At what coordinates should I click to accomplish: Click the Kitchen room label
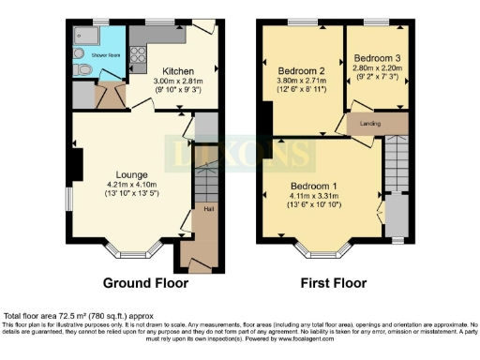point(177,71)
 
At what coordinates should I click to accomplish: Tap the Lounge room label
point(130,174)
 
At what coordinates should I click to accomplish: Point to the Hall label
point(208,208)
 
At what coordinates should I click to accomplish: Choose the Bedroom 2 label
point(302,70)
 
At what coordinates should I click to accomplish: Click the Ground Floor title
point(145,282)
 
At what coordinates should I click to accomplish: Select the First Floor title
point(334,282)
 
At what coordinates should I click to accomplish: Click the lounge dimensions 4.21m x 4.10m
point(130,186)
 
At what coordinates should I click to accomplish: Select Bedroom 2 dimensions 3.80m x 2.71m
point(302,82)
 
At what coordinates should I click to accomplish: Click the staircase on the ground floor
point(205,178)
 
